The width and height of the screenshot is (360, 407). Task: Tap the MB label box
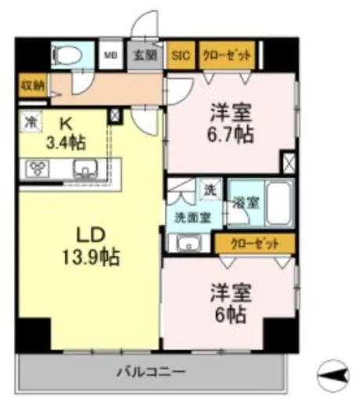pyautogui.click(x=112, y=56)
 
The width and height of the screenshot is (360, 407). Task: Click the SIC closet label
pyautogui.click(x=182, y=56)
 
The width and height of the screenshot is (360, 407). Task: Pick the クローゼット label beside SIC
pyautogui.click(x=227, y=56)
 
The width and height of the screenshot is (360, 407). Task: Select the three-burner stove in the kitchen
pyautogui.click(x=38, y=167)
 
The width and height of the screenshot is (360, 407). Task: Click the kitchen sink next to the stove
pyautogui.click(x=84, y=167)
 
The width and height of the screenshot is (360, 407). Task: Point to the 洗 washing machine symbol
pyautogui.click(x=210, y=189)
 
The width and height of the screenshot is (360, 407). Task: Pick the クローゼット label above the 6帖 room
pyautogui.click(x=255, y=243)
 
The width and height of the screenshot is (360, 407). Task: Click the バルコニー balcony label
pyautogui.click(x=153, y=370)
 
